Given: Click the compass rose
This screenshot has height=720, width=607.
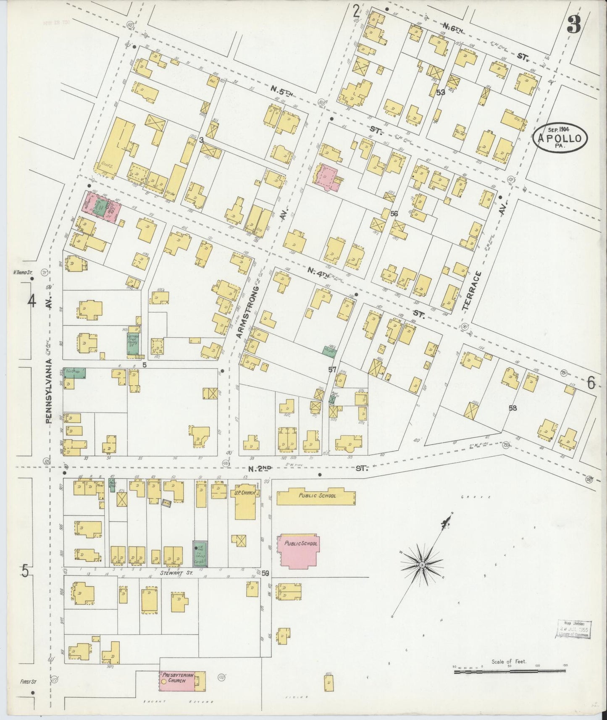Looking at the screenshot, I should (421, 565).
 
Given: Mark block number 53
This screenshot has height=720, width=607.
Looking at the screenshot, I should (440, 92).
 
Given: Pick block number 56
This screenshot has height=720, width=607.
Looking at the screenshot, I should (394, 214).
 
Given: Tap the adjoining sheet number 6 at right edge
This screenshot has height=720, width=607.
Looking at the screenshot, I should (591, 382).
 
